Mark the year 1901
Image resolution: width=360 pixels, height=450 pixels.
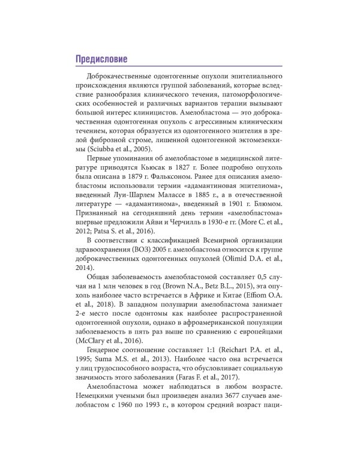(x=227, y=213)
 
